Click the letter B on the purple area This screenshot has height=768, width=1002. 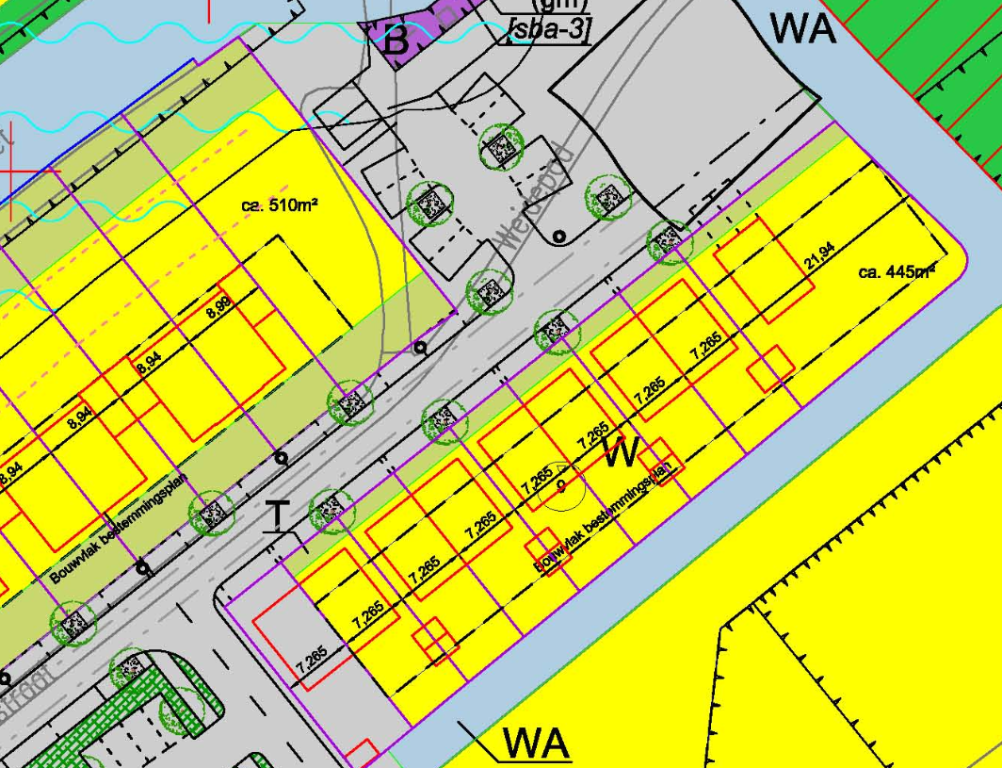[397, 40]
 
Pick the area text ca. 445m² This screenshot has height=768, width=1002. [896, 272]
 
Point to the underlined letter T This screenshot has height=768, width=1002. [277, 516]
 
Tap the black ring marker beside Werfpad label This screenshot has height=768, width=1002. [558, 237]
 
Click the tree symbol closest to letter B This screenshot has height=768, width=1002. [501, 146]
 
